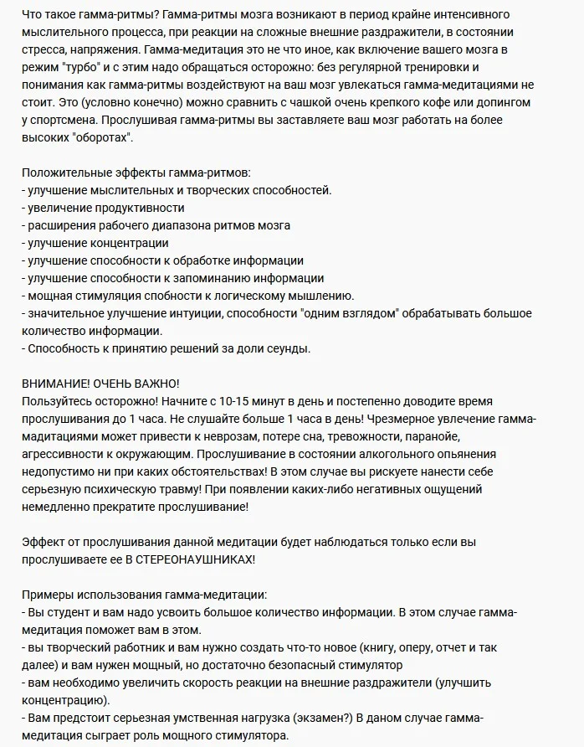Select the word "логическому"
[x=257, y=296]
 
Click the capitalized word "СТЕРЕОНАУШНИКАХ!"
[x=193, y=559]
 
